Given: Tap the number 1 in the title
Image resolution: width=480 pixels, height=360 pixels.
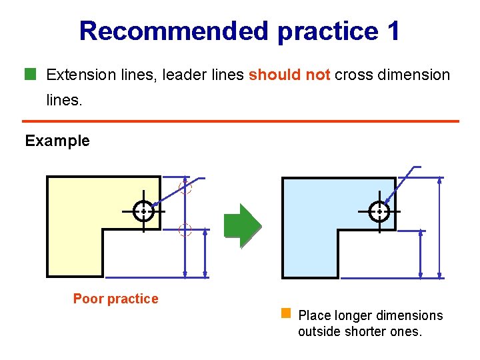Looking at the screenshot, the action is coord(393,31).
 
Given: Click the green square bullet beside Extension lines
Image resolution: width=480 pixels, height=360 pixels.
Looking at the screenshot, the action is coord(29,73).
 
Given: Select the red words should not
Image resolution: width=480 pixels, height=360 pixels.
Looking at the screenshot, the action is coord(289,75).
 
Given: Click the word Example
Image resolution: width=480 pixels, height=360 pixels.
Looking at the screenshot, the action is coord(57,141).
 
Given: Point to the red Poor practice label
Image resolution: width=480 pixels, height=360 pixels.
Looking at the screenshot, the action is coord(116,299).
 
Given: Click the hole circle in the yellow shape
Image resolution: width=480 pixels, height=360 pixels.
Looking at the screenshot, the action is coord(143,211).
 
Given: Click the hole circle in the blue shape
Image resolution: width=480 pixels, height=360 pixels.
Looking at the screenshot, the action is coord(379,211).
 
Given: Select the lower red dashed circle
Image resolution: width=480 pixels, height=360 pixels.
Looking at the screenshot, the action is coord(185,231).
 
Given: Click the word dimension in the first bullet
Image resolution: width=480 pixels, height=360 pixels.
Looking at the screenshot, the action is coord(417,75).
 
